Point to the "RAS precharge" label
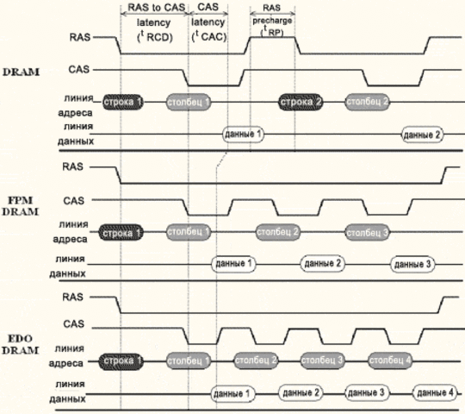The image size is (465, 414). tap(273, 19)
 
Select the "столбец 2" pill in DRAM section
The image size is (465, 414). tap(368, 101)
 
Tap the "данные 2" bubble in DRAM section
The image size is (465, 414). tap(422, 135)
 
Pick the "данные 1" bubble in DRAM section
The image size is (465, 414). tap(242, 135)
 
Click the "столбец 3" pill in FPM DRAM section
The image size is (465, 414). tap(368, 233)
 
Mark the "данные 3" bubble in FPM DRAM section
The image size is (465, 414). tap(411, 263)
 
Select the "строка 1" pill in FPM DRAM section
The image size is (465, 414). tap(121, 233)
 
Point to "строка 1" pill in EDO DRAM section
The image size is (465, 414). tap(121, 360)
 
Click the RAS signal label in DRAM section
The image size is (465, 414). tap(76, 38)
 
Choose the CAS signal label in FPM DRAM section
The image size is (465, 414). tap(74, 200)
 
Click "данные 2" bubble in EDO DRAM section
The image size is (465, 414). tap(299, 393)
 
